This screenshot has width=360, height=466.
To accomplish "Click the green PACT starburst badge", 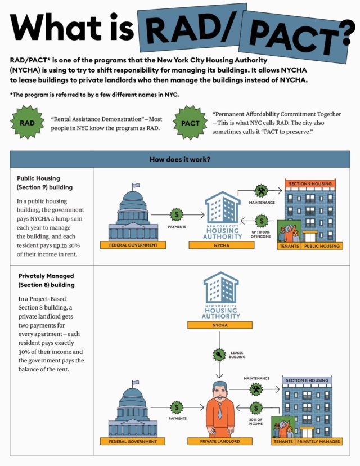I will click(190, 122).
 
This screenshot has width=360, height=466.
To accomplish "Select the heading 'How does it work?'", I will click(179, 159).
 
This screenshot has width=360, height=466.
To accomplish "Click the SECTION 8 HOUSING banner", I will click(307, 381).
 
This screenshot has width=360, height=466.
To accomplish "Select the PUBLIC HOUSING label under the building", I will click(322, 246).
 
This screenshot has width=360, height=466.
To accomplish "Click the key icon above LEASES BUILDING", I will click(218, 356).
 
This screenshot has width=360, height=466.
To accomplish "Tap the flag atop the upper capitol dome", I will click(136, 186).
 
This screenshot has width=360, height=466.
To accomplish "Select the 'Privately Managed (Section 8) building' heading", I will click(47, 280).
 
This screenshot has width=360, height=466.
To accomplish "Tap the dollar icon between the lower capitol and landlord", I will click(177, 406).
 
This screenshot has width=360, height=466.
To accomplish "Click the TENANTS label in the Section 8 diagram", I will click(282, 442).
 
